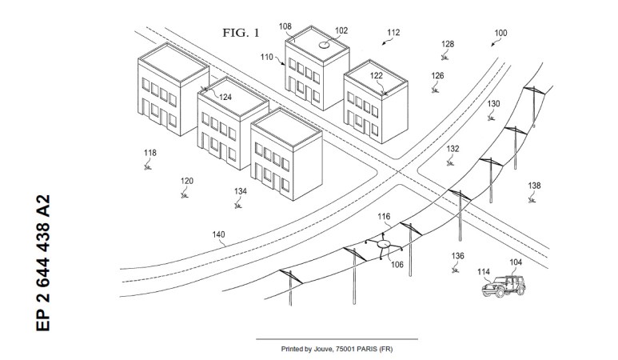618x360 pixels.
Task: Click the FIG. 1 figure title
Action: point(241,33)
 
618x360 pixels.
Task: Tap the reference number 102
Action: point(341,30)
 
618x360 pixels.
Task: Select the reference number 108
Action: point(285,26)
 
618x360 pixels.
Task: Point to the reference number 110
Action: point(267,58)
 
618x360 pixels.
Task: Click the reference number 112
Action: point(393,33)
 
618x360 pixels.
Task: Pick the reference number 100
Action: point(500,33)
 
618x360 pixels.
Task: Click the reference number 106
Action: point(397,264)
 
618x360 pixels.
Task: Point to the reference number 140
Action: point(218,235)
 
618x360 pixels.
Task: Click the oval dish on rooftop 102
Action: point(325,46)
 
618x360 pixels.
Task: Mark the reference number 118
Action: point(150,152)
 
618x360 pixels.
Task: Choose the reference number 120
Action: point(187,180)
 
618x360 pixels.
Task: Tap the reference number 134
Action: point(241,191)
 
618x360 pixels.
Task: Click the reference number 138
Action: point(534,186)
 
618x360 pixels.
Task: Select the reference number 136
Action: point(457,256)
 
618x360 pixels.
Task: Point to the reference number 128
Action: point(448,44)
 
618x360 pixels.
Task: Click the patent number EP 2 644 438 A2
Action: point(44,262)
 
